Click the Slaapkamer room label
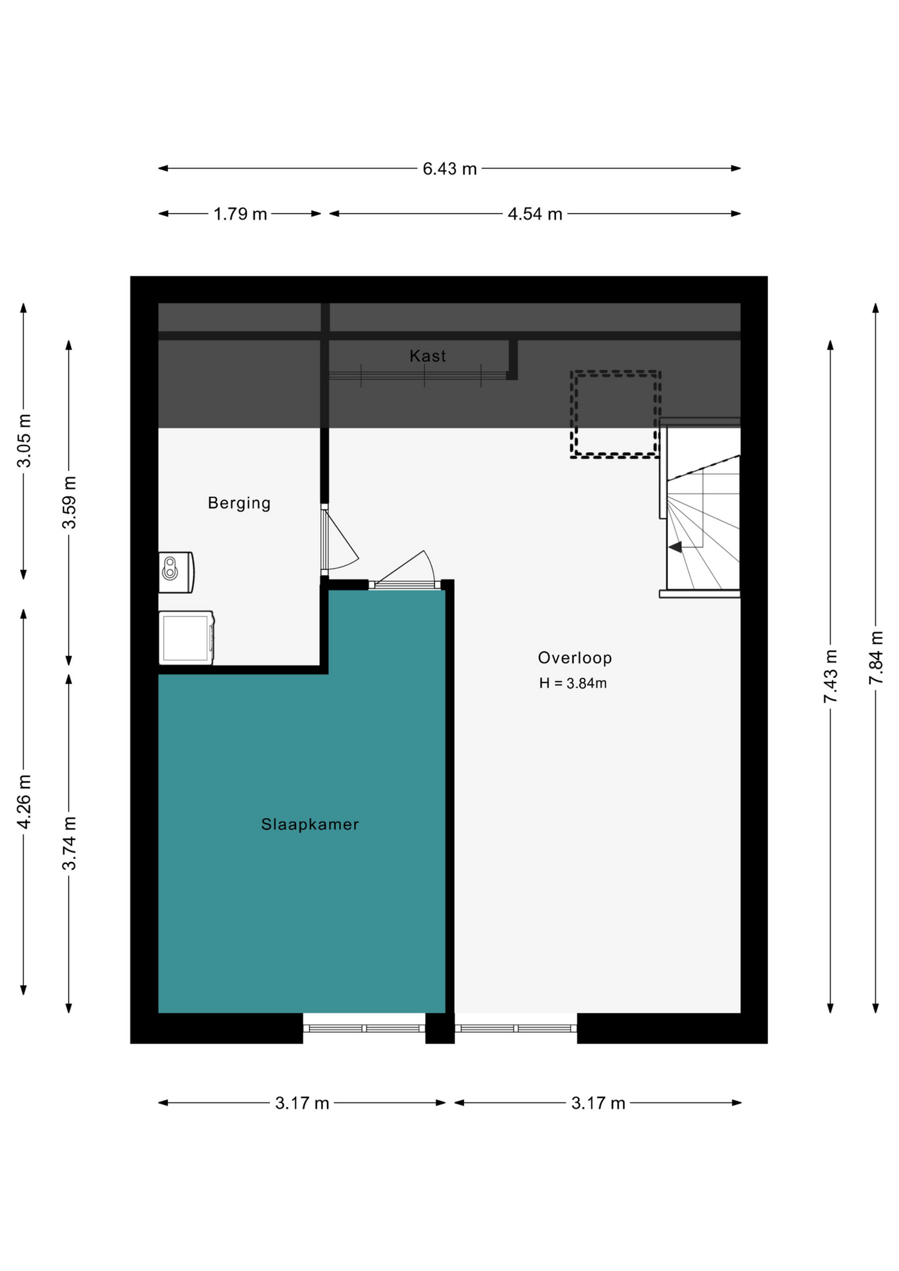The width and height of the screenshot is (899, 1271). [310, 824]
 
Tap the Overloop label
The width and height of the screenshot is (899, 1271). [575, 657]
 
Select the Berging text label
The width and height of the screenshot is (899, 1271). [239, 503]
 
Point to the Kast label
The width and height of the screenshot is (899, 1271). [428, 355]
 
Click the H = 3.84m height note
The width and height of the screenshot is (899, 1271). [573, 683]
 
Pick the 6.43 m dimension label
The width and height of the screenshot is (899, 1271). [449, 169]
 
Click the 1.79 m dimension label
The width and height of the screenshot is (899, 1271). [240, 214]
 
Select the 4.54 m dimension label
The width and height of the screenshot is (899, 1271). [535, 214]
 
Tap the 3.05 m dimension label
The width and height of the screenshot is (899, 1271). [24, 441]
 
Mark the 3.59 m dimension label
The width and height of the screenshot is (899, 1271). [69, 502]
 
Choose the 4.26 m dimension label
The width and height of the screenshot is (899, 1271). [24, 801]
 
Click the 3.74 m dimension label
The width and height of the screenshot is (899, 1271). [69, 843]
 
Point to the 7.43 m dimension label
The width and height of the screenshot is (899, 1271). [830, 677]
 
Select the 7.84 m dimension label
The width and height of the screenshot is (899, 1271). [875, 658]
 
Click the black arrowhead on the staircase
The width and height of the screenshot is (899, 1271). [675, 547]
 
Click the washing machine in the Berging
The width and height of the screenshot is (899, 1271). [186, 637]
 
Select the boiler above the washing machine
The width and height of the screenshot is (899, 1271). [175, 572]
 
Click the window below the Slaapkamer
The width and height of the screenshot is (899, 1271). [364, 1028]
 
